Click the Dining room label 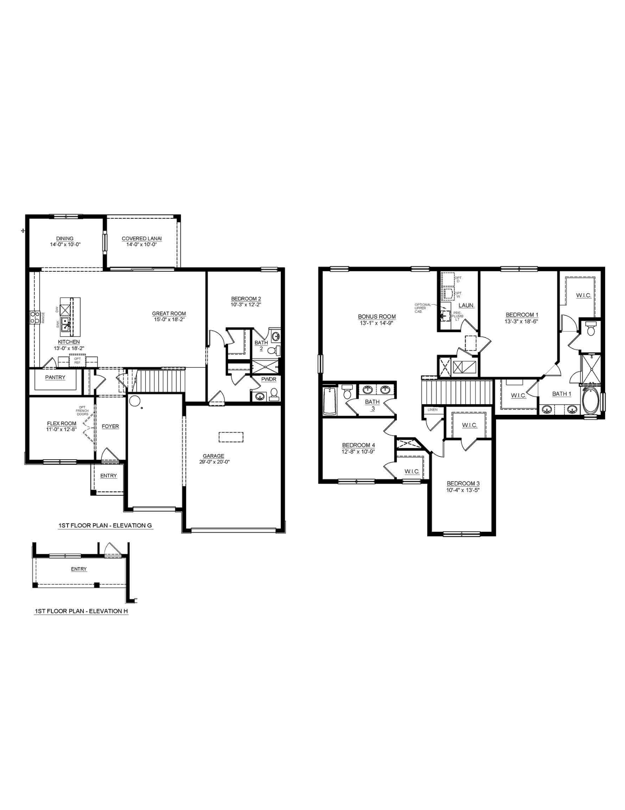click(x=65, y=239)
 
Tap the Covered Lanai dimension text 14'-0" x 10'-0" click(x=142, y=245)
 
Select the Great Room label click(x=169, y=313)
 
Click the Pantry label click(x=55, y=377)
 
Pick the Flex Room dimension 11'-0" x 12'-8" click(x=61, y=429)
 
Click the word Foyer click(x=110, y=426)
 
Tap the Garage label click(x=213, y=456)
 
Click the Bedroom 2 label click(x=246, y=299)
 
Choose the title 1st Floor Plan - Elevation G click(x=105, y=525)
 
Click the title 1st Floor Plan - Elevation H click(x=81, y=611)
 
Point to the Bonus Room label click(x=377, y=317)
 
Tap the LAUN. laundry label click(x=466, y=305)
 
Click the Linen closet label click(x=432, y=409)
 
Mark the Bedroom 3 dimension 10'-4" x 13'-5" click(x=463, y=490)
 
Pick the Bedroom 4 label click(x=358, y=445)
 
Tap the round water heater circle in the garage click(x=134, y=401)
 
